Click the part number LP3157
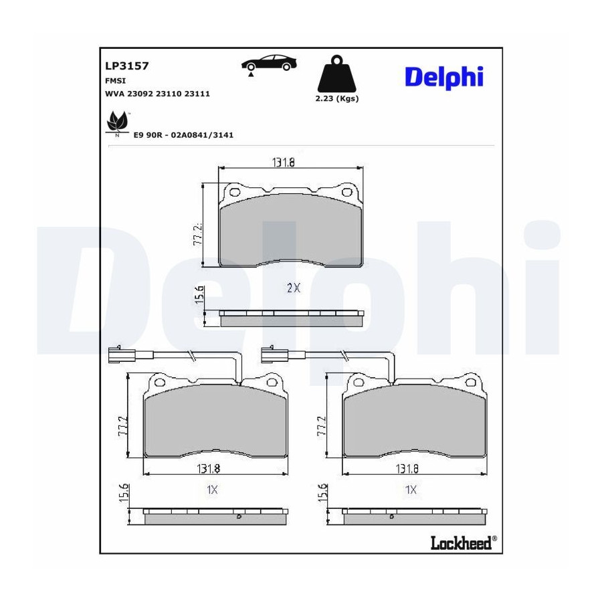(126, 66)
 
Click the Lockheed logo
(464, 543)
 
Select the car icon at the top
(269, 64)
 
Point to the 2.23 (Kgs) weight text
(336, 99)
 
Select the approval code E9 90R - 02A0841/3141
(183, 135)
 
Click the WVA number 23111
(197, 94)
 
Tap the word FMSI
(115, 81)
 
